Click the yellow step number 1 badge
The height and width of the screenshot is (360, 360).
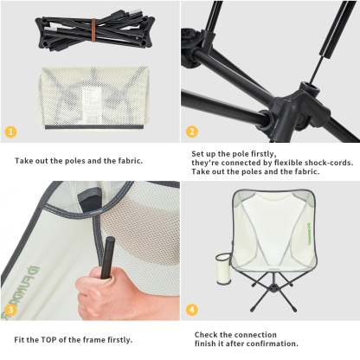click(10, 132)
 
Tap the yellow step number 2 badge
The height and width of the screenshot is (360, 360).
click(192, 132)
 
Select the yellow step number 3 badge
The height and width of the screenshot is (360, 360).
click(10, 310)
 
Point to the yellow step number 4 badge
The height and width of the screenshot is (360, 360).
click(192, 310)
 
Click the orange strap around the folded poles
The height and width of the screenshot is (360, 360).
click(93, 29)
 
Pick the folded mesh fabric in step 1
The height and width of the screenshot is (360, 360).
click(94, 98)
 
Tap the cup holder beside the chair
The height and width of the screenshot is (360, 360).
click(222, 269)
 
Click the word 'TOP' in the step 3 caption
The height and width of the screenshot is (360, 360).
click(48, 340)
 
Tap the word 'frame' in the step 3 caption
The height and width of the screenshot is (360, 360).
click(93, 340)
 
